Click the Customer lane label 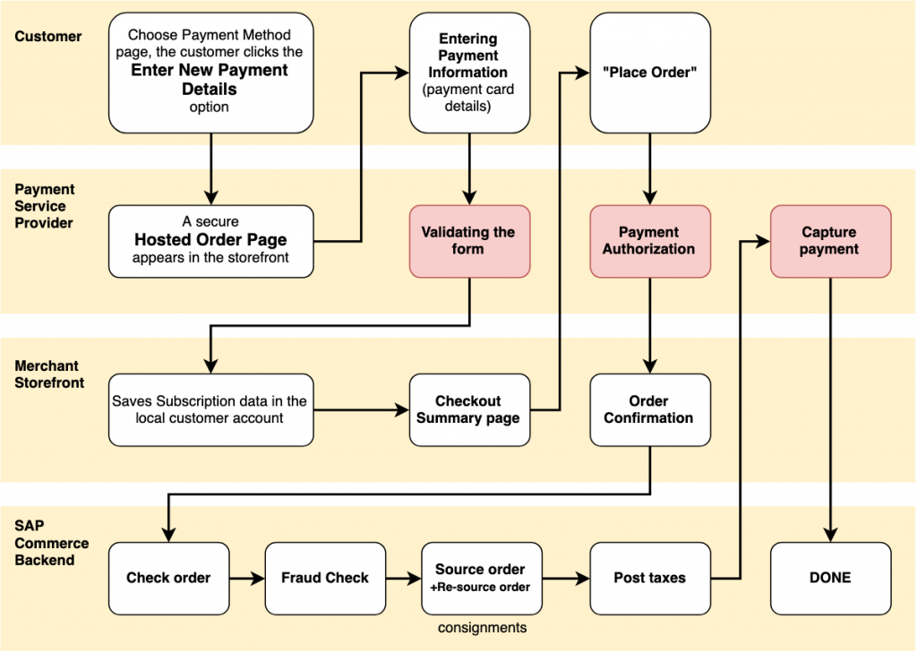pos(48,37)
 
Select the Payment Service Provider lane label pos(45,206)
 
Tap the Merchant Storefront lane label pos(49,374)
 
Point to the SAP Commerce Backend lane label pos(52,543)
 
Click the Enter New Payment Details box pos(210,73)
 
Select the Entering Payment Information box pos(468,73)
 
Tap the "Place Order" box pos(650,73)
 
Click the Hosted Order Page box pos(210,241)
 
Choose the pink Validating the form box pos(468,241)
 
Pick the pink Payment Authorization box pos(650,241)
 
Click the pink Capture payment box pos(830,241)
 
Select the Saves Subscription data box pos(210,409)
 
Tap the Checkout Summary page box pos(468,409)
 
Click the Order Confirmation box pos(650,409)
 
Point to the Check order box pos(168,578)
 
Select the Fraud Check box pos(325,578)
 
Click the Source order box pos(482,578)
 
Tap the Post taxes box pos(650,578)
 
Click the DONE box pos(830,578)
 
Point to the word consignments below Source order pos(482,628)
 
